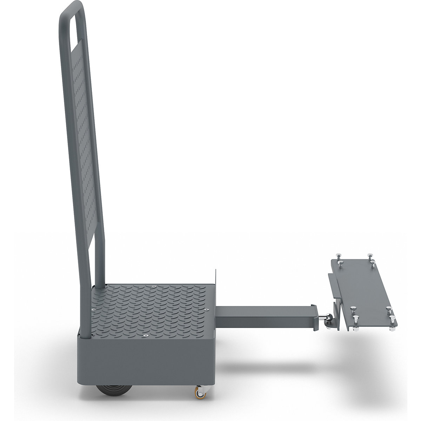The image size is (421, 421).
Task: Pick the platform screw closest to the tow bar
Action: tap(207, 310)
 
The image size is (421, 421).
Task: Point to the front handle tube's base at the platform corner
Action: tap(86, 335)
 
